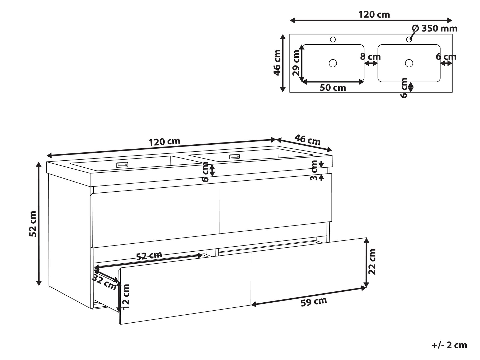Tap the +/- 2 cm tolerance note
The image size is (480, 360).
coord(449,345)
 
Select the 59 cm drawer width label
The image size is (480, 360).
coord(314,302)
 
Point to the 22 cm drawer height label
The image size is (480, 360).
coord(372,262)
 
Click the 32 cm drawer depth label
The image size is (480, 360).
coord(104,282)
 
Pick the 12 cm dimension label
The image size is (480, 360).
coord(125,297)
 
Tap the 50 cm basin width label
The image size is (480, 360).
coord(333,88)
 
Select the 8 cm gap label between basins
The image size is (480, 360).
coord(370,57)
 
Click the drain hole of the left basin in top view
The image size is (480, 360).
coord(333,63)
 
